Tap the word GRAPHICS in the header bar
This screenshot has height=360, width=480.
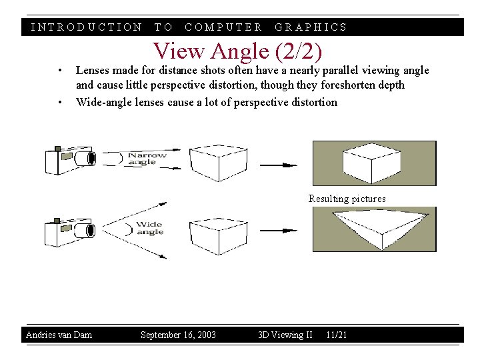(x=311, y=27)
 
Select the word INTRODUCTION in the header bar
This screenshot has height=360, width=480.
(x=87, y=27)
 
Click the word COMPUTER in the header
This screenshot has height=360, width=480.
(x=223, y=27)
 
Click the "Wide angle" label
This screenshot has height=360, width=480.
(x=149, y=228)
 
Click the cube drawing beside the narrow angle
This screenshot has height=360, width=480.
(x=213, y=162)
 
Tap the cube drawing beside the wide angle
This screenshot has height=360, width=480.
(x=213, y=233)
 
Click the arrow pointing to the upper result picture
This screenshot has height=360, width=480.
(x=279, y=165)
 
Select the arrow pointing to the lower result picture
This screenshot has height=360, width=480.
(x=279, y=231)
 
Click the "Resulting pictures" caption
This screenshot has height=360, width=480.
(x=347, y=199)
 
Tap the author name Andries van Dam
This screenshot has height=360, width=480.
(x=59, y=335)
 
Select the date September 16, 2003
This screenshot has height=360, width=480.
(x=178, y=335)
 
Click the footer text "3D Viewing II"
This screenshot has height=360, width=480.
(x=285, y=335)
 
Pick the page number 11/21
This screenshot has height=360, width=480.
(x=337, y=335)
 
